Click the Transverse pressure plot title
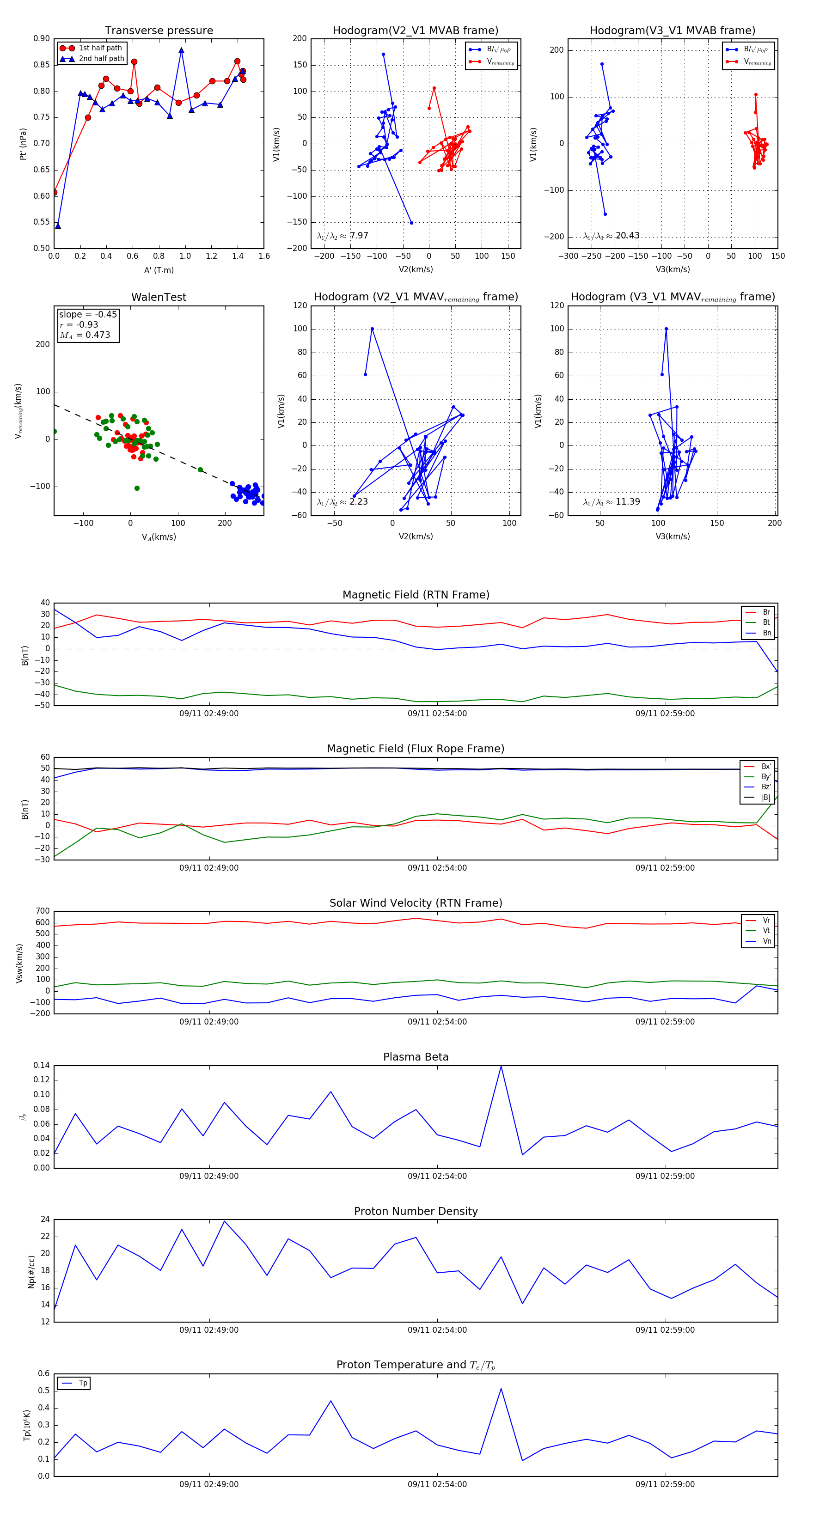click(x=159, y=31)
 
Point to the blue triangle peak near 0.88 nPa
click(x=181, y=51)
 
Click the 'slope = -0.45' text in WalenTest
click(x=88, y=314)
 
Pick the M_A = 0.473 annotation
click(x=85, y=335)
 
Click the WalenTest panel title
click(x=159, y=297)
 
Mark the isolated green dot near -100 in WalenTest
click(x=137, y=488)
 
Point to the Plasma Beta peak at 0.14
click(x=501, y=1066)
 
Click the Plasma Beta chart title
click(x=416, y=1057)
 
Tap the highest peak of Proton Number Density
click(x=224, y=1221)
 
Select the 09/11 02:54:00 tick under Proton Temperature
click(x=437, y=1484)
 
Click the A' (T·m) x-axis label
click(x=159, y=270)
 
